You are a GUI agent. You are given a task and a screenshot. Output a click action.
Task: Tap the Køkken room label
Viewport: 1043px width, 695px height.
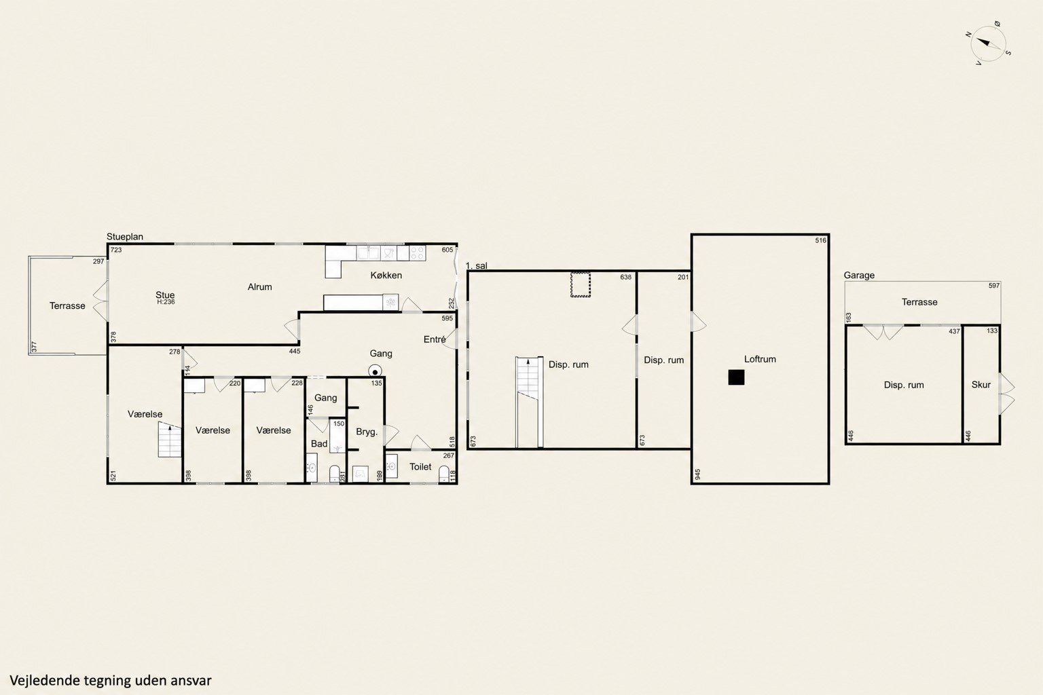point(386,275)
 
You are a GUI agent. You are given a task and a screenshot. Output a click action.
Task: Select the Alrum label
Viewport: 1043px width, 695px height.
point(260,286)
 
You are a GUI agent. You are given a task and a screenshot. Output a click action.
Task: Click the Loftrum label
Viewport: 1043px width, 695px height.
point(760,359)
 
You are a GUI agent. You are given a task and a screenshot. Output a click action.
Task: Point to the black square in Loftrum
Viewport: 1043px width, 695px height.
point(736,377)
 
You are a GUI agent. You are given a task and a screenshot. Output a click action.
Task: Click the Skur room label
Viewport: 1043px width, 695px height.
point(981,385)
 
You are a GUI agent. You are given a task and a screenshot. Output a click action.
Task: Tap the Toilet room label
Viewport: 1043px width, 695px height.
point(420,466)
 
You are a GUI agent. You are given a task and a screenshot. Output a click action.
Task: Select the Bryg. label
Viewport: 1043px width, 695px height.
point(367,432)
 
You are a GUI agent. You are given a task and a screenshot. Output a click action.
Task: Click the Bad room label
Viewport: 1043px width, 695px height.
point(319,444)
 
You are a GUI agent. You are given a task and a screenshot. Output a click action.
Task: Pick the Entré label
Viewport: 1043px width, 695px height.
point(435,339)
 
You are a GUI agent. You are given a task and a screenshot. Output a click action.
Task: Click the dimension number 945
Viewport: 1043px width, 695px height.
point(697,474)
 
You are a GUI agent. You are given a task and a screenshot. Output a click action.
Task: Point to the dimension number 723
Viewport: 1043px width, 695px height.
point(116,250)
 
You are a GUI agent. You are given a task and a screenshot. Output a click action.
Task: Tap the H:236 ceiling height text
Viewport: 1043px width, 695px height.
point(166,301)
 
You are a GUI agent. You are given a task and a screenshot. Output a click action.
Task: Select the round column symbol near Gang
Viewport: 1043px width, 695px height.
point(375,371)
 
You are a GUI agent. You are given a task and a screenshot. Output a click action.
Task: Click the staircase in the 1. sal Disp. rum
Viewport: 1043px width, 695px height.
point(529,402)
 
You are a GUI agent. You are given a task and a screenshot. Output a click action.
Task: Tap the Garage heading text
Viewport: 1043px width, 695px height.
point(859,275)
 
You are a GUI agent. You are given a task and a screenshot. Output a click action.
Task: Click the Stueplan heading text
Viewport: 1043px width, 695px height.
point(125,236)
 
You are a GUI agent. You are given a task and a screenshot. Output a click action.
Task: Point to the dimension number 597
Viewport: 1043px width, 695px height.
point(994,286)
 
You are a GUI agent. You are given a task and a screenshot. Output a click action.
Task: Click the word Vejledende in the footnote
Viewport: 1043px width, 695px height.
point(45,680)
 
